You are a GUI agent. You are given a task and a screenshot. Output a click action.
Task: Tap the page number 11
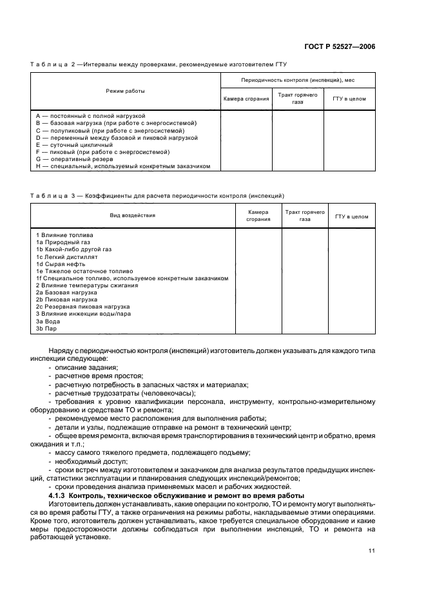[371, 550]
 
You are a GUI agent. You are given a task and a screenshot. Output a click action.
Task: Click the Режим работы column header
[126, 91]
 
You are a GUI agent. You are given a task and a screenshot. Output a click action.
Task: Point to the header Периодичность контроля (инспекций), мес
[297, 81]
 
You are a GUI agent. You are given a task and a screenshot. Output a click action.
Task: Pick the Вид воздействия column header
[132, 216]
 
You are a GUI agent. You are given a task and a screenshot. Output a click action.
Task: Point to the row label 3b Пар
[46, 329]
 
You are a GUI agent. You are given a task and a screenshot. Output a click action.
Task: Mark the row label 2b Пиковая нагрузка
[67, 300]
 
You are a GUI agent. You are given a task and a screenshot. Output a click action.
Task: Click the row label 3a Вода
[48, 321]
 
